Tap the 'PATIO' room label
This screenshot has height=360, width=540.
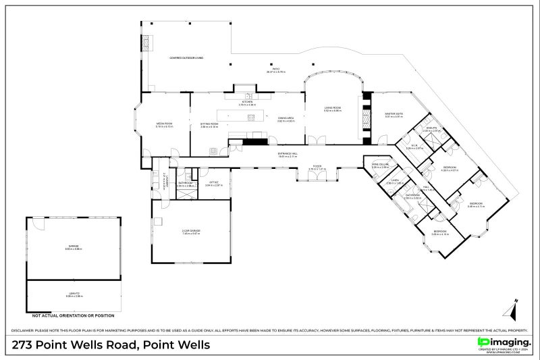(x=275, y=68)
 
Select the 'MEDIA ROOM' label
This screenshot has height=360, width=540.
(x=165, y=124)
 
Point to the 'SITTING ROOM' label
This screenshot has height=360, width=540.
(x=209, y=124)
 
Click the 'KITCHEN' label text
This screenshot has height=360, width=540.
(x=247, y=102)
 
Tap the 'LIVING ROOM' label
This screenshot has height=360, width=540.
(x=333, y=108)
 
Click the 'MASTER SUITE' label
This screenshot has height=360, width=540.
(x=394, y=114)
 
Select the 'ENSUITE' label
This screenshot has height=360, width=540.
(x=431, y=129)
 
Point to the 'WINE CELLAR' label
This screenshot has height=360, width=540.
(x=380, y=164)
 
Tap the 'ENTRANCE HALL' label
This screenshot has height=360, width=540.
(x=288, y=154)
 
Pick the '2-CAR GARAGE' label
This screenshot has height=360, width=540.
(x=191, y=232)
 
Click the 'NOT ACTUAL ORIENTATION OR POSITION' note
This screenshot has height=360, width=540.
(x=74, y=315)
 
